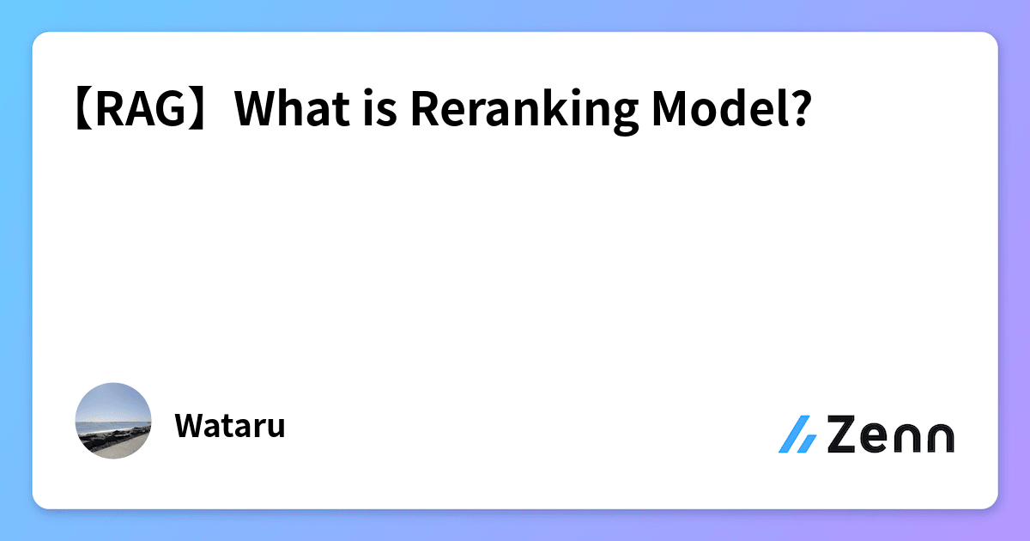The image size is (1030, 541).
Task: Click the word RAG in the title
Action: click(x=142, y=110)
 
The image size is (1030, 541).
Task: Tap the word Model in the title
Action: click(x=718, y=110)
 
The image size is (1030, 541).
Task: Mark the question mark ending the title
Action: click(x=799, y=110)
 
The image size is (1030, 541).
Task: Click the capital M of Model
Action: click(x=672, y=110)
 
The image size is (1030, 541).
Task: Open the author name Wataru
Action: click(x=229, y=426)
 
